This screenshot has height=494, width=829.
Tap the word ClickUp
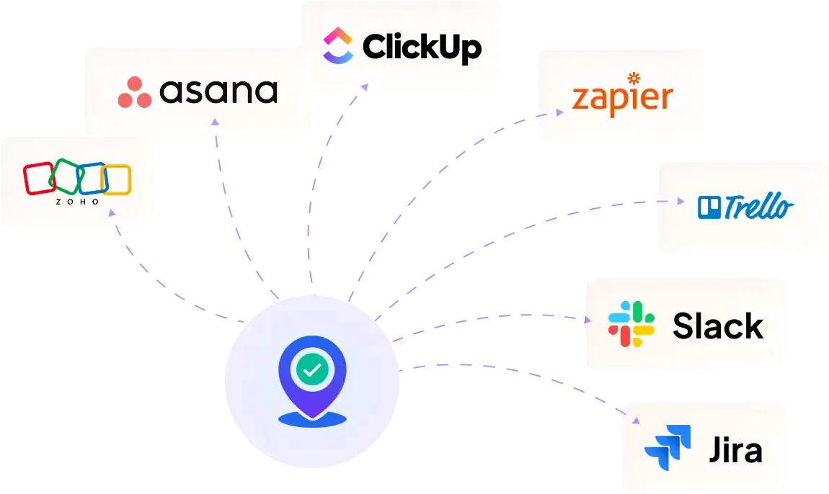pyautogui.click(x=422, y=47)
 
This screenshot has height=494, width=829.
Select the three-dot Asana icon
pyautogui.click(x=135, y=92)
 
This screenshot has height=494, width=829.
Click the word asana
pyautogui.click(x=218, y=91)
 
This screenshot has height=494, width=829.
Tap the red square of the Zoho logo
pyautogui.click(x=40, y=179)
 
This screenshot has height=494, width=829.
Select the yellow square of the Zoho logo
pyautogui.click(x=117, y=180)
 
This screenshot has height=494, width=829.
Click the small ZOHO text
pyautogui.click(x=77, y=202)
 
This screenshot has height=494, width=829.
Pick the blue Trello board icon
pyautogui.click(x=709, y=207)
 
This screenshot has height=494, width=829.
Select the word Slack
pyautogui.click(x=717, y=326)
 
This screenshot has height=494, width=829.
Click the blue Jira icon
pyautogui.click(x=668, y=447)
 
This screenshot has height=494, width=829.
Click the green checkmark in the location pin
pyautogui.click(x=312, y=370)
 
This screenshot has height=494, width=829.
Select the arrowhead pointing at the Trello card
pyautogui.click(x=679, y=202)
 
